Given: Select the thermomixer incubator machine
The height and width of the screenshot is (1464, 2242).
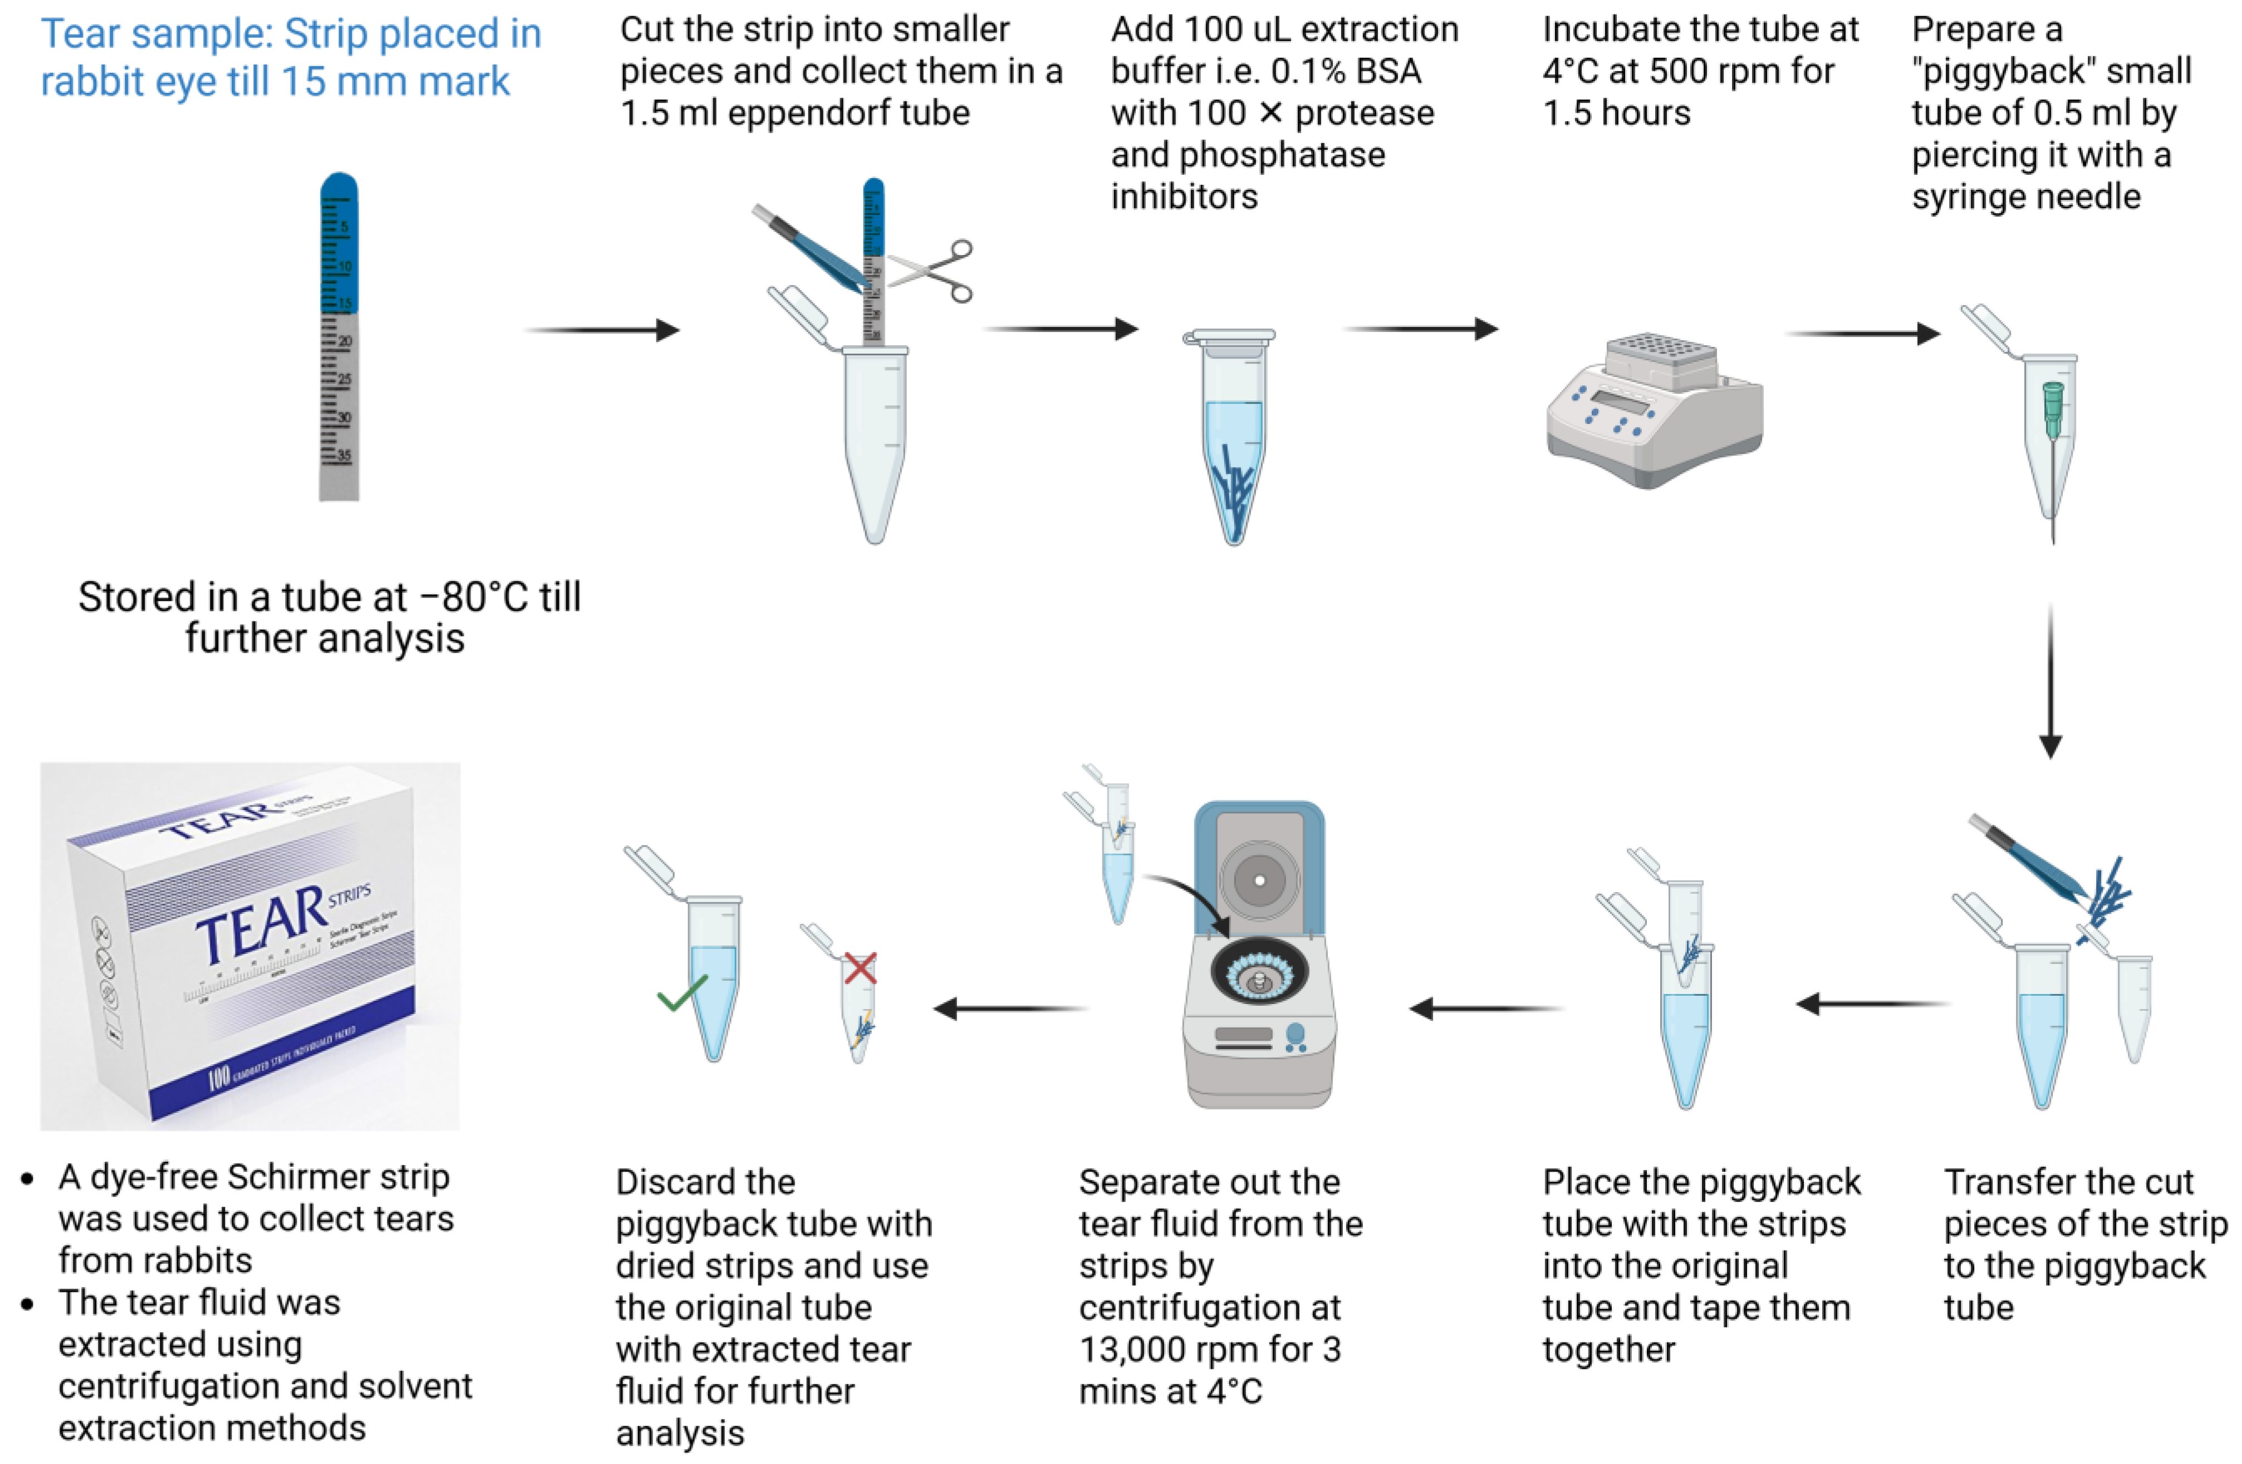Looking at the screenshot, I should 1653,410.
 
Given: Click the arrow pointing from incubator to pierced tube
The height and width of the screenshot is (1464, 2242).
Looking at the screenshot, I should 1861,334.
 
